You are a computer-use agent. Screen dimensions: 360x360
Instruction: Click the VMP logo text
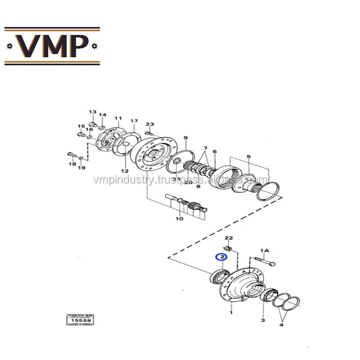click(52, 46)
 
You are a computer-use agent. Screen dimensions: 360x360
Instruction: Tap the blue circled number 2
click(221, 257)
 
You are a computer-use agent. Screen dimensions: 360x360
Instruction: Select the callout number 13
click(92, 112)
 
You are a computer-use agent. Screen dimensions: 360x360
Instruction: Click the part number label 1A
click(264, 250)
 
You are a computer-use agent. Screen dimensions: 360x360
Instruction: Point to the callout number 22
click(229, 238)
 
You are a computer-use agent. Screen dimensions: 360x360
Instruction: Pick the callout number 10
click(180, 219)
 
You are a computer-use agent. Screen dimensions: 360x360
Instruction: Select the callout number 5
click(248, 157)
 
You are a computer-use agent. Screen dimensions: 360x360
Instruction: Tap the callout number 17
click(134, 121)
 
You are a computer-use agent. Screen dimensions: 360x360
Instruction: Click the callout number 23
click(150, 124)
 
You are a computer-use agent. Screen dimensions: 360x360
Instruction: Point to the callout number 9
click(185, 138)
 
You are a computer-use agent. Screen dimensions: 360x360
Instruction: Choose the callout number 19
click(81, 168)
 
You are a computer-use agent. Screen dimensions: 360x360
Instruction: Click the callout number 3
click(263, 320)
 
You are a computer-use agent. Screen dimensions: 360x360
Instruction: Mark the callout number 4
click(282, 324)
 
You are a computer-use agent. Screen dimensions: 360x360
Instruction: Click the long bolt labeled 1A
click(265, 261)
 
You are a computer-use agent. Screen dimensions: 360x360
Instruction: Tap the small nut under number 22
click(229, 249)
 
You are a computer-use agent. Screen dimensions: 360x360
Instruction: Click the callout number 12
click(125, 171)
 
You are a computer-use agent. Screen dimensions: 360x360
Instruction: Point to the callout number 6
click(215, 152)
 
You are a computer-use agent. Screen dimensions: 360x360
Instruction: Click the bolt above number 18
click(70, 154)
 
